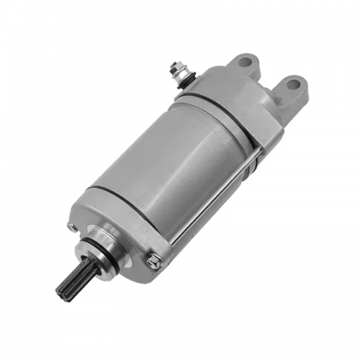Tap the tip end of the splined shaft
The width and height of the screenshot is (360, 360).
point(60,289)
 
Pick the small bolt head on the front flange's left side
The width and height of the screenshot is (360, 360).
point(71,226)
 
